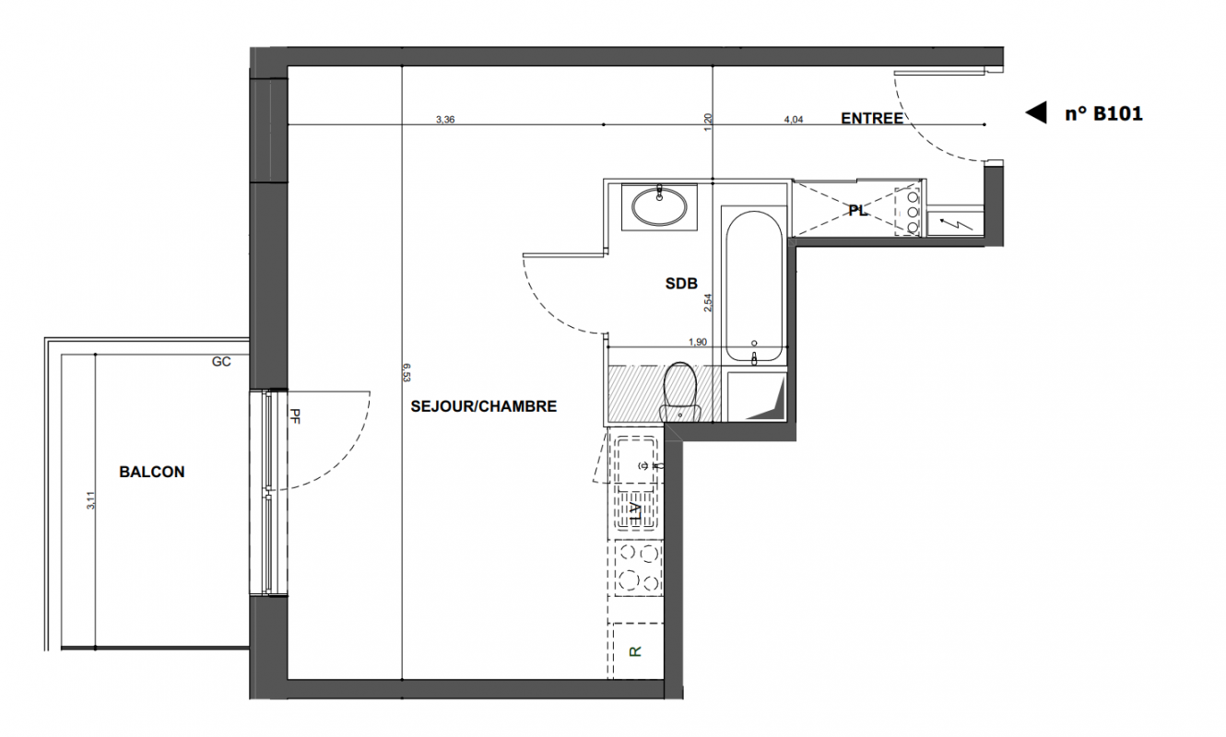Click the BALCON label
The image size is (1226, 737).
click(152, 472)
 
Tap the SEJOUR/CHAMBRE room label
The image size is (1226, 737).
click(484, 406)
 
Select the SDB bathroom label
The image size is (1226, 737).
click(681, 284)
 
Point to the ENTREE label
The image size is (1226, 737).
click(872, 118)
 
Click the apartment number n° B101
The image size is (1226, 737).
click(1104, 114)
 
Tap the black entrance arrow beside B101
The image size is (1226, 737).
click(1035, 112)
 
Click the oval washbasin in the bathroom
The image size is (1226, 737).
click(659, 206)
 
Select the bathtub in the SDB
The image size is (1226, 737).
click(754, 287)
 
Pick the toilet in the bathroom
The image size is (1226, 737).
click(679, 392)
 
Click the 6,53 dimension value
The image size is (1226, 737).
click(407, 372)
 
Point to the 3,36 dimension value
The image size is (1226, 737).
click(445, 120)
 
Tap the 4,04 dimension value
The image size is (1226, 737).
click(794, 120)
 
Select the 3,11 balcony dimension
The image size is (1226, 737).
click(91, 500)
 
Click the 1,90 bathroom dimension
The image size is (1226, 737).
click(698, 343)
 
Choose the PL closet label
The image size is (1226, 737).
click(857, 210)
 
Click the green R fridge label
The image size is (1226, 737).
click(635, 651)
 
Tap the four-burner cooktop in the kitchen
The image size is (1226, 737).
click(638, 567)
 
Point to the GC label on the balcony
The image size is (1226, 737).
click(221, 362)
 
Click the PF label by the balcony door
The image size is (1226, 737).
click(295, 416)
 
